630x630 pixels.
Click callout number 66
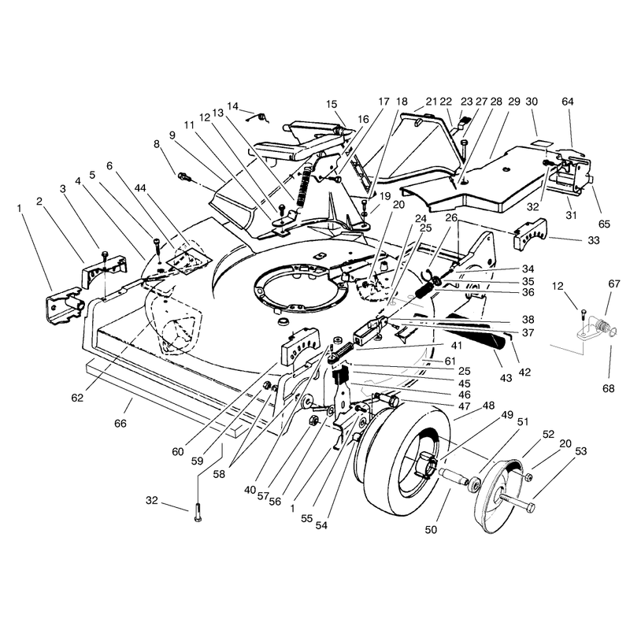pos(120,424)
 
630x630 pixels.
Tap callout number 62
pos(77,398)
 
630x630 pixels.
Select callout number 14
pos(232,106)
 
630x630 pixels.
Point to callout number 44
pos(140,188)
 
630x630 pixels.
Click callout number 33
pos(594,240)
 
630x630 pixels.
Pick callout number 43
pos(506,378)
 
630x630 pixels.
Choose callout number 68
pos(608,388)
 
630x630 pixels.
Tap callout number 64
pos(567,102)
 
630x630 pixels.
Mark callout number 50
pos(431,530)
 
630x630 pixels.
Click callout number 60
pos(178,451)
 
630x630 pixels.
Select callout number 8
pos(157,144)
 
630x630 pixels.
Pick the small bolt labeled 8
pos(183,176)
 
